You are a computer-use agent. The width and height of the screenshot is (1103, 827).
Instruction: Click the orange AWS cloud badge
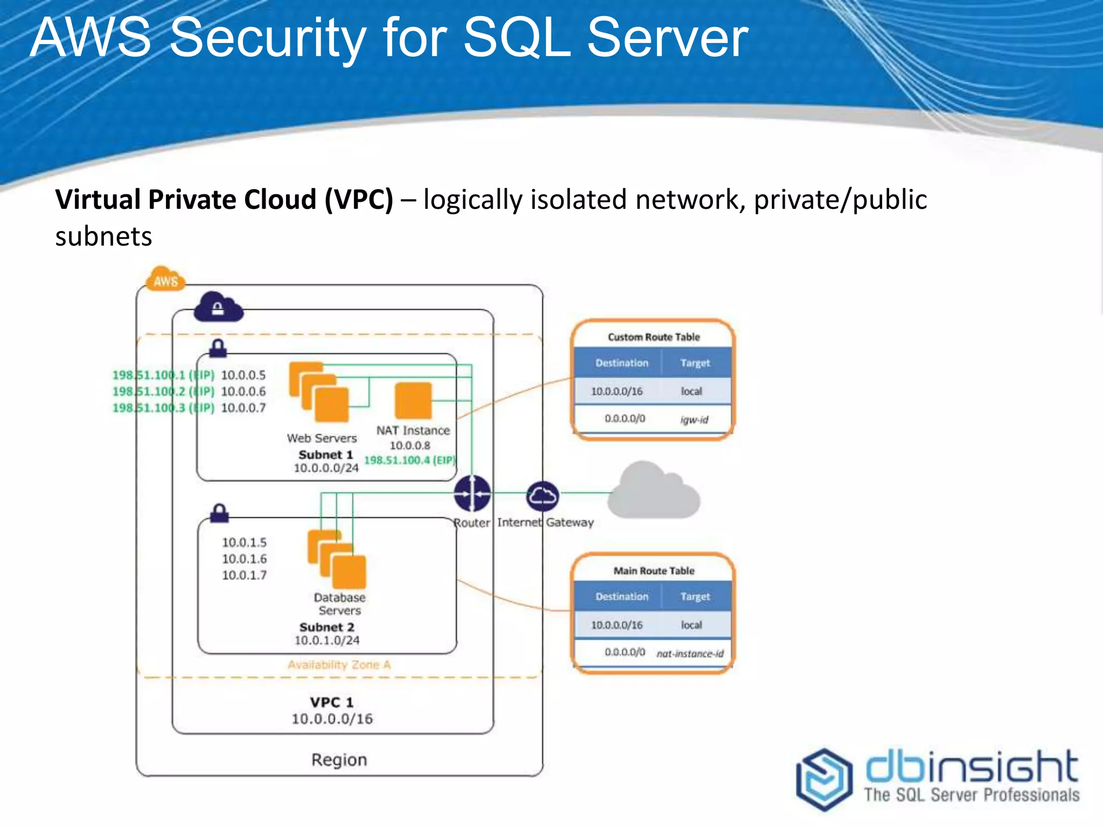[x=165, y=279]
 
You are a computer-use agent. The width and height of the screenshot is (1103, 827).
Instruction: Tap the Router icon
[x=472, y=493]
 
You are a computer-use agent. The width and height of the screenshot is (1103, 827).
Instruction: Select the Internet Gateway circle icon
[x=542, y=496]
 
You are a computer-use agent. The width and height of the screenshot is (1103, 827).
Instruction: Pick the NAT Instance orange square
[x=413, y=401]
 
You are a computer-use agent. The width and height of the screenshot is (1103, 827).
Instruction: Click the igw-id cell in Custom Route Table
[x=694, y=419]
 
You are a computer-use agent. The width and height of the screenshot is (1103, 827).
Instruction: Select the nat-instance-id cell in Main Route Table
[x=690, y=653]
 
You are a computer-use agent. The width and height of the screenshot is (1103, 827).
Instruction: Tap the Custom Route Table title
[x=653, y=337]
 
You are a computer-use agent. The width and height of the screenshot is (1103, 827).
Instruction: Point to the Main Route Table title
[x=653, y=571]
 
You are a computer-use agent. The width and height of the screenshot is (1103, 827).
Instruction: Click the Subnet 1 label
[x=326, y=454]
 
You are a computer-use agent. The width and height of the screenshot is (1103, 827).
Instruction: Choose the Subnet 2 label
[x=327, y=627]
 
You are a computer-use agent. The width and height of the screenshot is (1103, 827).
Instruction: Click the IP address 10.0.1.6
[x=245, y=559]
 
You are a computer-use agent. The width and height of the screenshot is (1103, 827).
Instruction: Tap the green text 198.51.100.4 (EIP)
[x=409, y=460]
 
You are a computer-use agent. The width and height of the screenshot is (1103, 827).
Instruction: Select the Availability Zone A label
[x=339, y=665]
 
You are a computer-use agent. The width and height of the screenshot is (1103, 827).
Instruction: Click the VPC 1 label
[x=332, y=702]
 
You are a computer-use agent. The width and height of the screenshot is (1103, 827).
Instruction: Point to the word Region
[x=339, y=760]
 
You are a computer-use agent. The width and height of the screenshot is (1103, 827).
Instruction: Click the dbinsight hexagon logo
[x=825, y=779]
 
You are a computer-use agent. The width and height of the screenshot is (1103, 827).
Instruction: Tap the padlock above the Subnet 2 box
[x=219, y=513]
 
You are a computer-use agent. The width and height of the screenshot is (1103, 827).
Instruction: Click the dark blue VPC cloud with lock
[x=218, y=307]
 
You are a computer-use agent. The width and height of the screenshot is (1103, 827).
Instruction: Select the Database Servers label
[x=339, y=604]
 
